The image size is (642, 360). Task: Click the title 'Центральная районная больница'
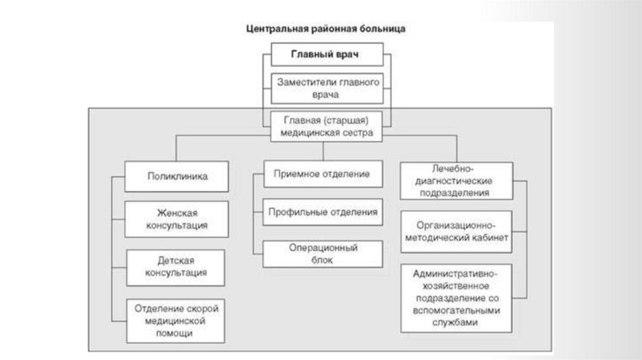tap(325, 29)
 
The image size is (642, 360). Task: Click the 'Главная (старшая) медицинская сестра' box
tap(325, 126)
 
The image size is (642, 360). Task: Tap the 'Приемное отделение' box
tap(322, 174)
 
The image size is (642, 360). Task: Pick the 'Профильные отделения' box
tap(322, 212)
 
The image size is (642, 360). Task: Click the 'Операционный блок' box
tap(322, 253)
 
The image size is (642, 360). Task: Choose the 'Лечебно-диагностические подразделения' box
tap(456, 181)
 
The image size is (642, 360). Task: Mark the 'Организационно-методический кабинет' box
tap(456, 231)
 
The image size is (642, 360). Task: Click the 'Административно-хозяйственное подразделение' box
tap(456, 298)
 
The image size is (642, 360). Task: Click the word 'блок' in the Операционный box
tap(322, 260)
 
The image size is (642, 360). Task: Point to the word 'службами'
tap(456, 322)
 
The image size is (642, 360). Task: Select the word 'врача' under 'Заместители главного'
tap(326, 95)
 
